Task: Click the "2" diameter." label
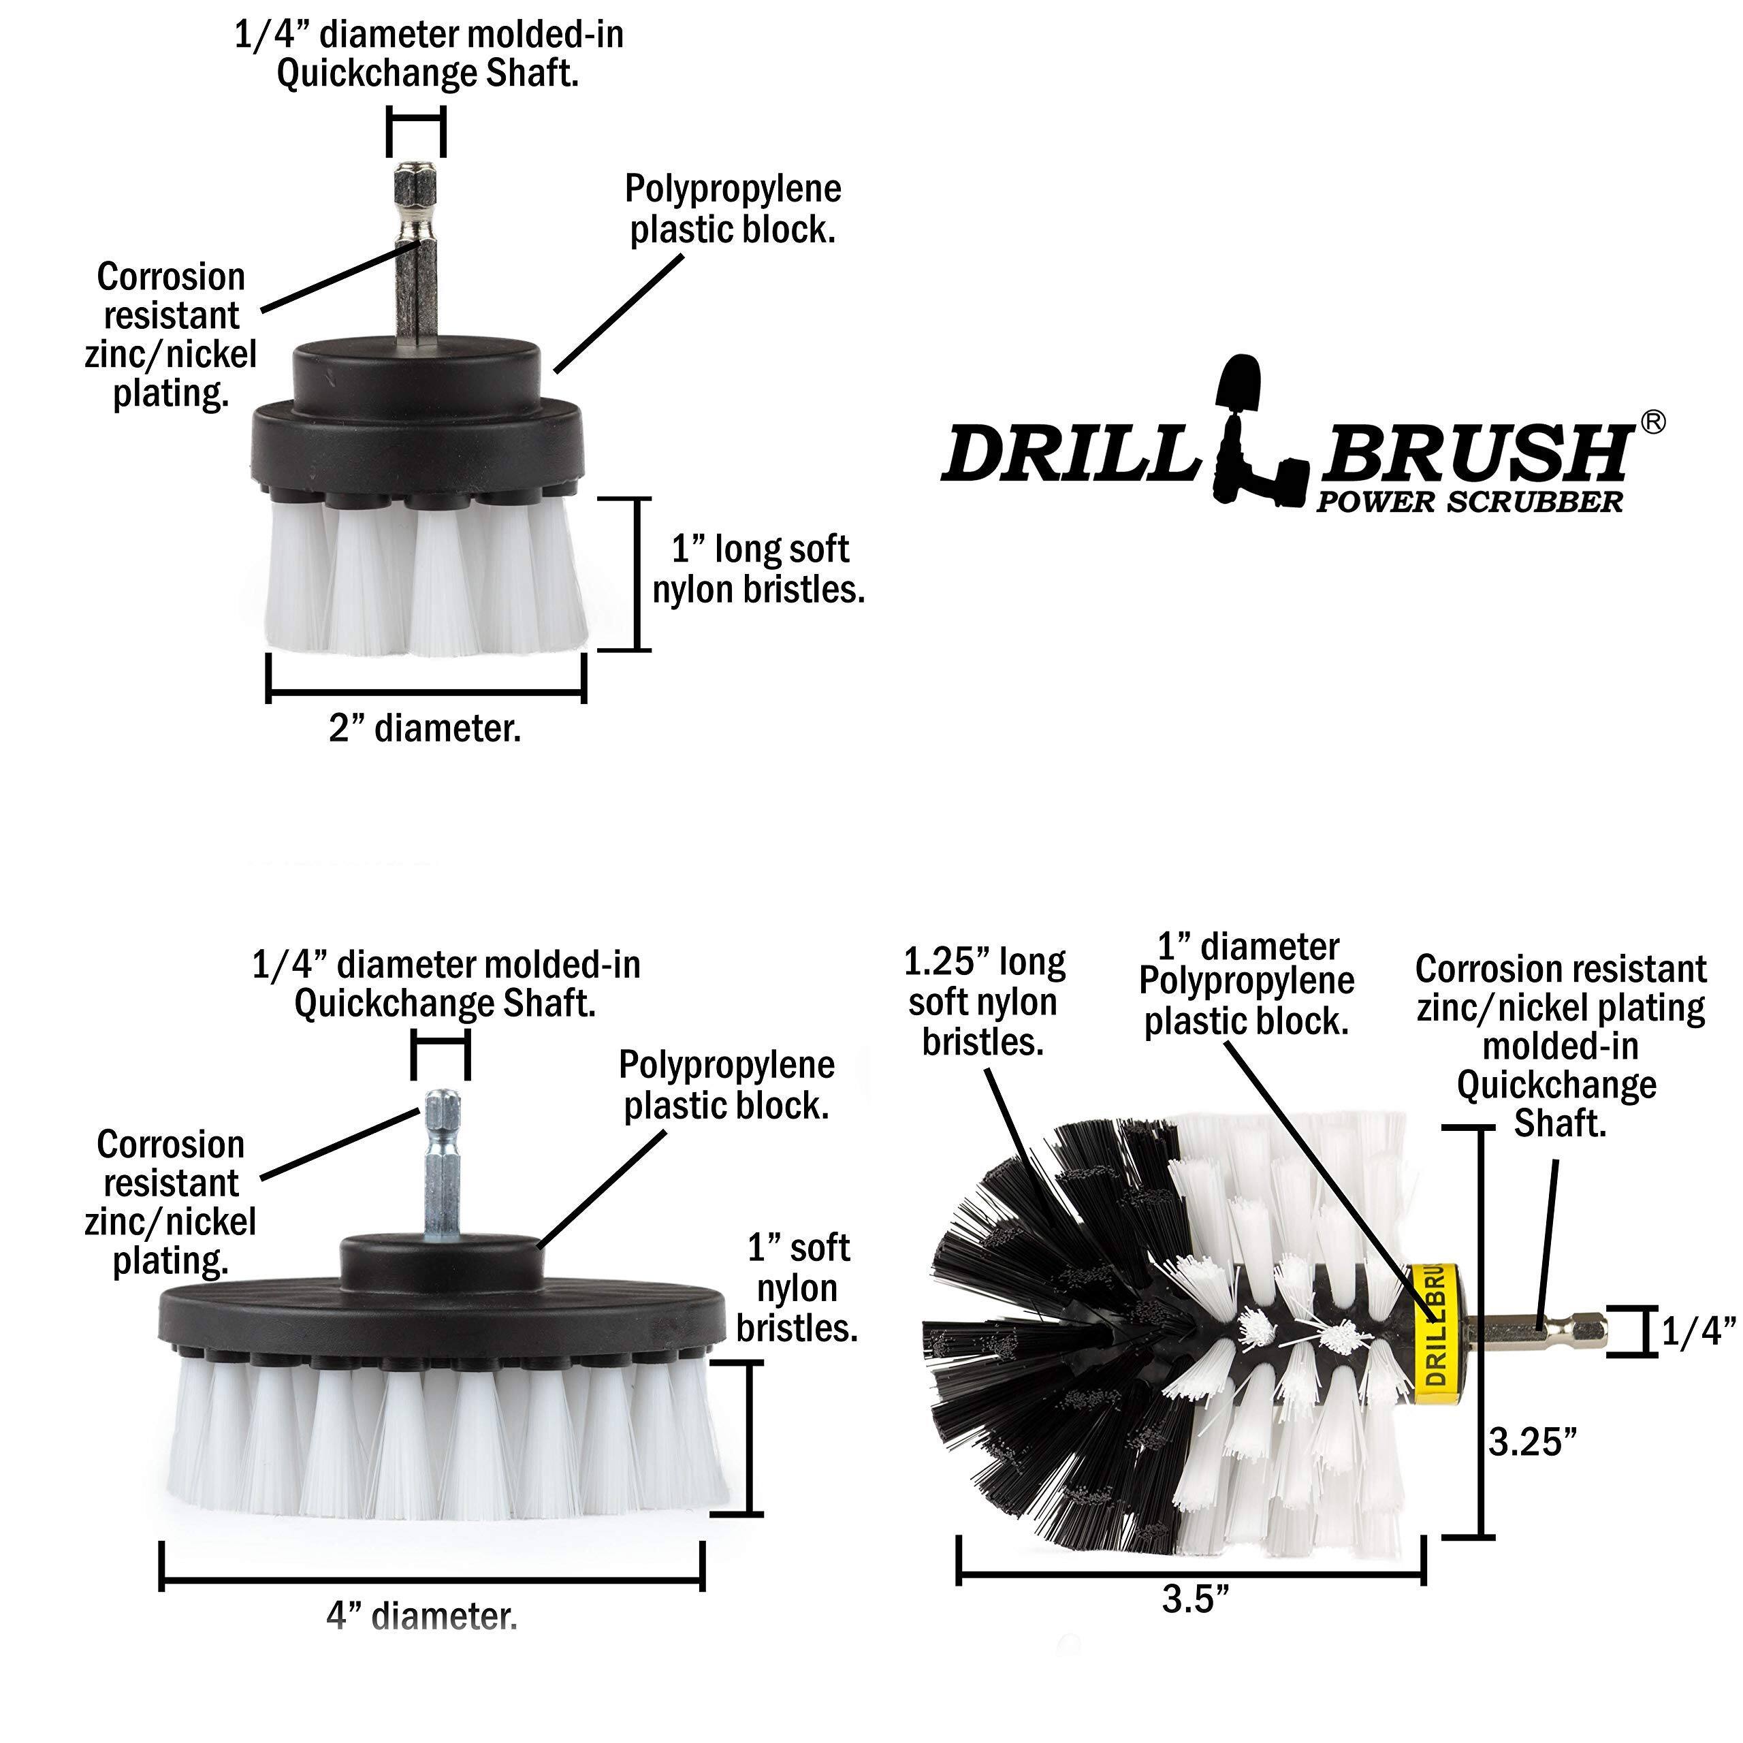(x=425, y=728)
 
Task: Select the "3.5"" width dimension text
(x=1196, y=1599)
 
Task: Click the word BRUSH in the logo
(x=1475, y=454)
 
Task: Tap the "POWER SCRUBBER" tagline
(x=1469, y=502)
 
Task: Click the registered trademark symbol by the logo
(x=1652, y=422)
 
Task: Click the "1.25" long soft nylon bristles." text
(x=983, y=1002)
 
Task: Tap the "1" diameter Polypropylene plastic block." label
(x=1247, y=983)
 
